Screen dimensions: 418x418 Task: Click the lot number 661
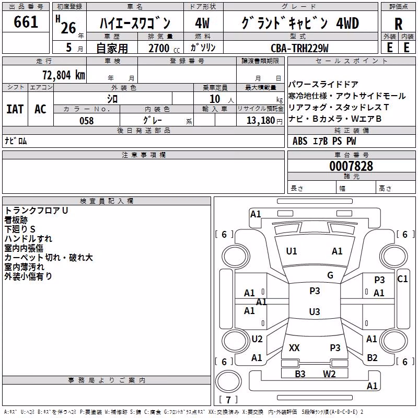26,22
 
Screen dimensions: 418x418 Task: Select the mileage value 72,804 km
64,75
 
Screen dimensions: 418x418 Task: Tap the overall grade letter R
398,24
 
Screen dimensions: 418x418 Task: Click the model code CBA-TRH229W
299,48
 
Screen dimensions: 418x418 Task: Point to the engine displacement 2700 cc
164,48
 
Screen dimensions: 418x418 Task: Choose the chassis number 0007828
351,166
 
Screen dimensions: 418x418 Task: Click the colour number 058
87,121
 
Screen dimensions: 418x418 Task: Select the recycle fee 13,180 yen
264,121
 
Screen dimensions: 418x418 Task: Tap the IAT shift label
15,109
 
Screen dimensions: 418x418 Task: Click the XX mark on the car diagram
294,347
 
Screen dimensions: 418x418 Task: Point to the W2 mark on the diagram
329,374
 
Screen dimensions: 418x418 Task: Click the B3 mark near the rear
300,374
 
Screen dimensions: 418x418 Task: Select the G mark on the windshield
330,275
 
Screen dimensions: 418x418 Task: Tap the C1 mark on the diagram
402,279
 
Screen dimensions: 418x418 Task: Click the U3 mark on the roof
315,311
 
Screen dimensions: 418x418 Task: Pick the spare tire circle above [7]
228,381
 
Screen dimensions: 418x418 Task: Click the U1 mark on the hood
291,251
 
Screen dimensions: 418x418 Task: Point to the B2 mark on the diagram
372,358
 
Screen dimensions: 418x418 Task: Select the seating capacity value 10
215,99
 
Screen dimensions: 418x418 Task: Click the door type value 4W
202,23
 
